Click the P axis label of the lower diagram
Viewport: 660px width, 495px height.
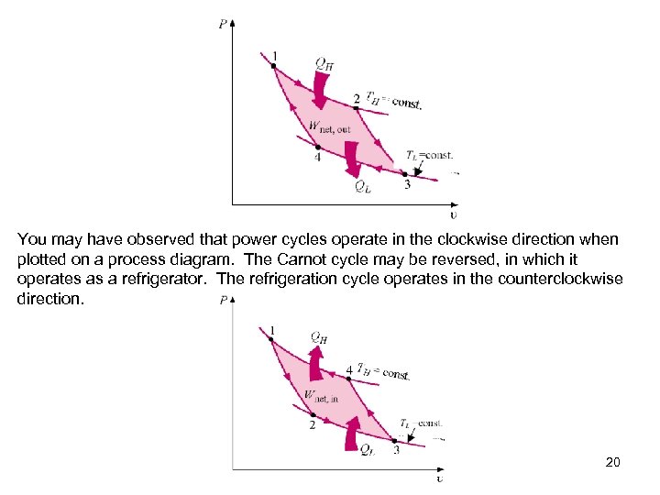click(224, 301)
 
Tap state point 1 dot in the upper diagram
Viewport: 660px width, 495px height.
click(273, 65)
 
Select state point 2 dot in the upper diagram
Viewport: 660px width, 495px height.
click(357, 108)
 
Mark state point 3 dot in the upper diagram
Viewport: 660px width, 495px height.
click(404, 173)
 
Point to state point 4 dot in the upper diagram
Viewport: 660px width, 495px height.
click(318, 147)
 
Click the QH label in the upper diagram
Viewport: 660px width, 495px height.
click(324, 64)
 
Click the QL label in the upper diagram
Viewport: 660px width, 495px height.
click(363, 188)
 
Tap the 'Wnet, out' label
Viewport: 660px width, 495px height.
click(329, 127)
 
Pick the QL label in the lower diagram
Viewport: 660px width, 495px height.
click(365, 449)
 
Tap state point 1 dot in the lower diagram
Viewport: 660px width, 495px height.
click(272, 339)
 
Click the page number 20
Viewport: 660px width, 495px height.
click(613, 462)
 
